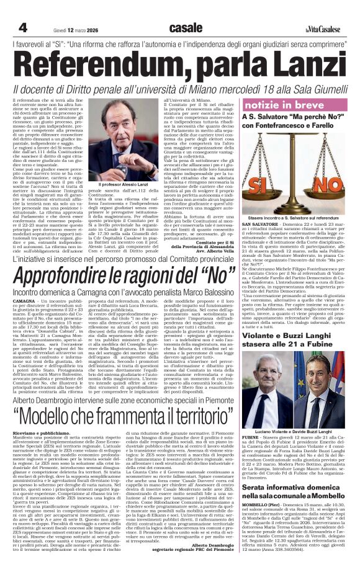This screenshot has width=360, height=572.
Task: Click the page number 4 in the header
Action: tap(22, 28)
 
